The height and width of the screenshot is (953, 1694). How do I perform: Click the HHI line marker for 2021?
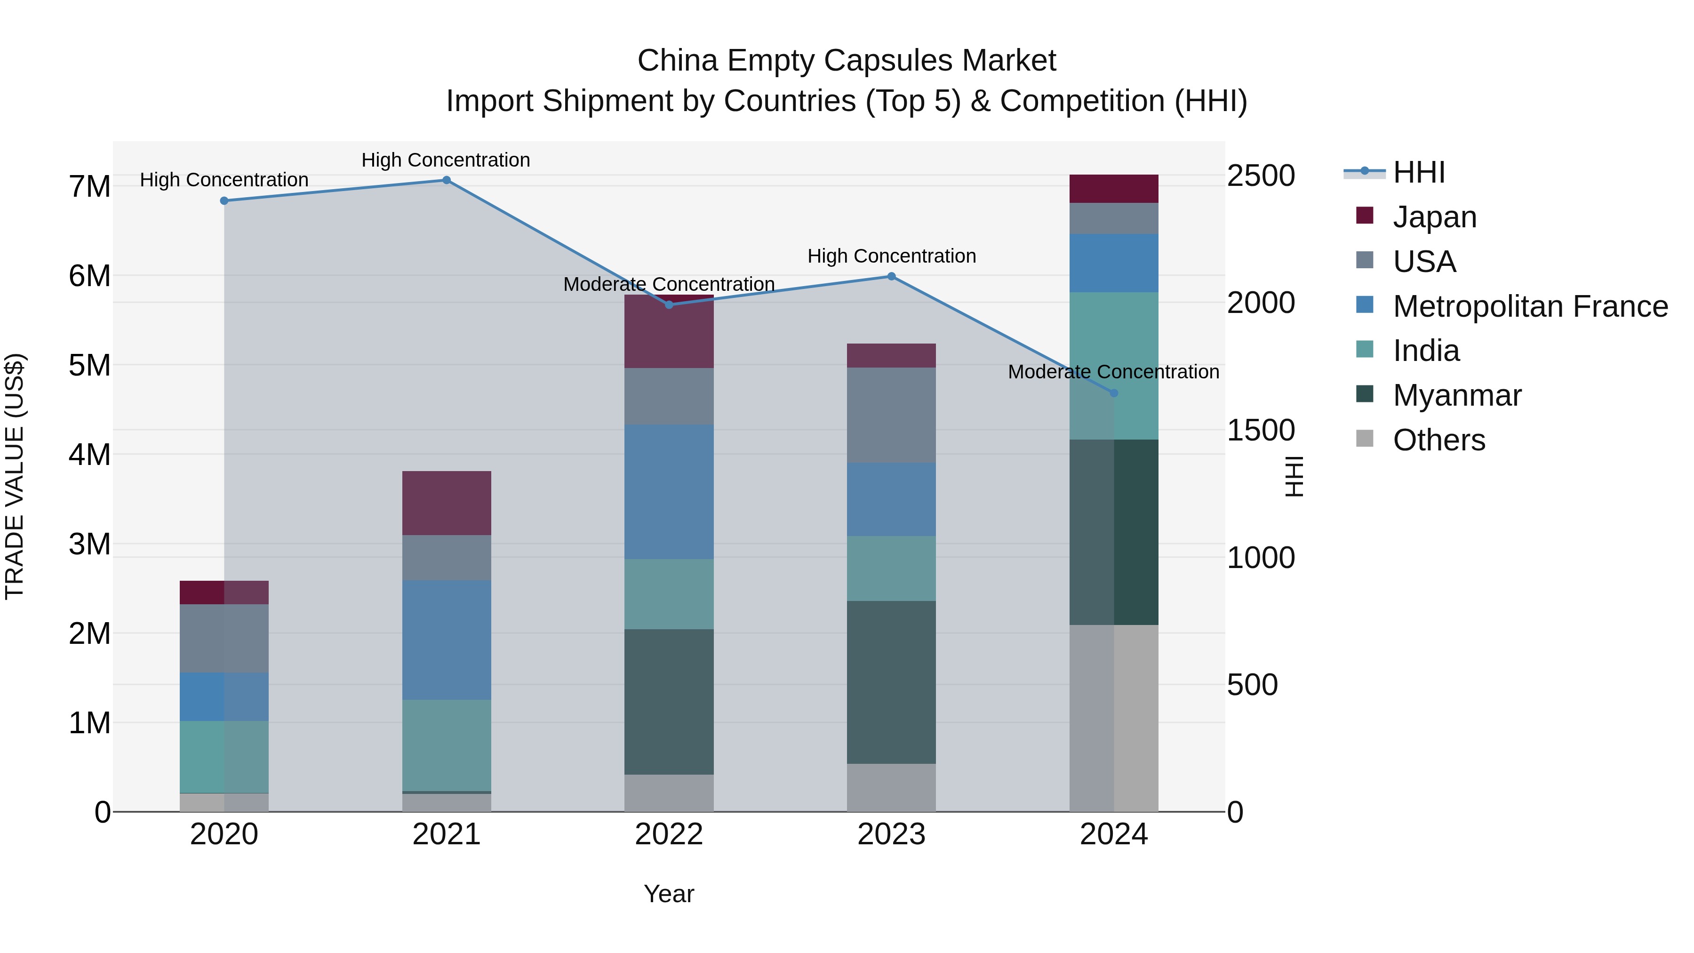(x=446, y=180)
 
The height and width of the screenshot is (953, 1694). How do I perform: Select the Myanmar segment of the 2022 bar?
(x=669, y=702)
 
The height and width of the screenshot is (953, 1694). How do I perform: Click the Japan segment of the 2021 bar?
(x=447, y=503)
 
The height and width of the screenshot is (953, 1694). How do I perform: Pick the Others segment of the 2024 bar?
(x=1113, y=718)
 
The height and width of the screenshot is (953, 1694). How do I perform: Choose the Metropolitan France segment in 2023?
(x=891, y=499)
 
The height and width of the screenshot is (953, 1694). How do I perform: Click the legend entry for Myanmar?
(x=1456, y=395)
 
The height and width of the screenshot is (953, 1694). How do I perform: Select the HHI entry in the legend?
(x=1418, y=172)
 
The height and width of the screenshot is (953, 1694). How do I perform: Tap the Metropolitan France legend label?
(x=1530, y=306)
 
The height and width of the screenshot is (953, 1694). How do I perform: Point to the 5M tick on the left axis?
(x=89, y=365)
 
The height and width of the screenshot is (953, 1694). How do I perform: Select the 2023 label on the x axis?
(x=891, y=834)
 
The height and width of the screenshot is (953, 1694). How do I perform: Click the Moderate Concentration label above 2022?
(x=669, y=284)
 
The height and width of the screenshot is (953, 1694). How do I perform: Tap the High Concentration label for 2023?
(x=891, y=256)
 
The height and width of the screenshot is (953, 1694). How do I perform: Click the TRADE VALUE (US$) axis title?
(x=15, y=476)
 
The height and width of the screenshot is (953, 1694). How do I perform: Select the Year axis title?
(x=669, y=894)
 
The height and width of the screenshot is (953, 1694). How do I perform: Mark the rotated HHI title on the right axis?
(x=1294, y=476)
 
